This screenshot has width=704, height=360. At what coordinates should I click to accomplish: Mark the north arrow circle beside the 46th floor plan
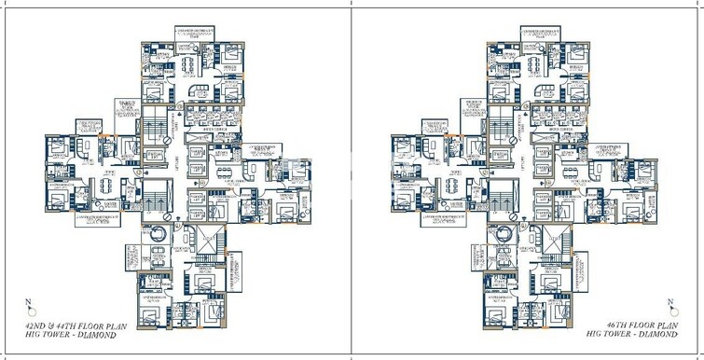(670, 311)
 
